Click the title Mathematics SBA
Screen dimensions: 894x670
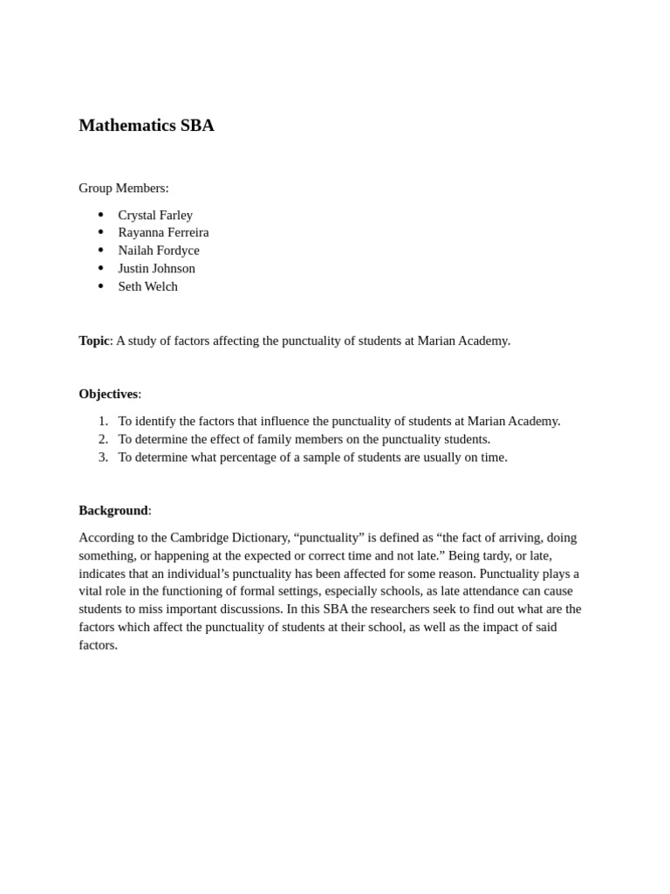pyautogui.click(x=146, y=125)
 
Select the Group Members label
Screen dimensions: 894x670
pyautogui.click(x=123, y=188)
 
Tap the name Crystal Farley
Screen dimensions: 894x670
pyautogui.click(x=155, y=215)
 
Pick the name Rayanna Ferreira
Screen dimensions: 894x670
pyautogui.click(x=163, y=232)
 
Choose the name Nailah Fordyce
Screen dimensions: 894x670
pyautogui.click(x=159, y=251)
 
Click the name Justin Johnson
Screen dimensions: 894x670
pyautogui.click(x=156, y=268)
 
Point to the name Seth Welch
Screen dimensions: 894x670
pyautogui.click(x=147, y=286)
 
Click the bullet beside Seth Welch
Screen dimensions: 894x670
pyautogui.click(x=101, y=286)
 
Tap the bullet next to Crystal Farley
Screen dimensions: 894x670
pyautogui.click(x=101, y=215)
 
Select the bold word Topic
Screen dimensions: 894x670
pyautogui.click(x=93, y=340)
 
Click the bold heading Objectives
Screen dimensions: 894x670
pyautogui.click(x=108, y=394)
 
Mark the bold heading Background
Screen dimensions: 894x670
pyautogui.click(x=113, y=510)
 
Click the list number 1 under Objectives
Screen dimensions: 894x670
pyautogui.click(x=103, y=421)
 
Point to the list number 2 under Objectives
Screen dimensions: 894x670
pyautogui.click(x=103, y=439)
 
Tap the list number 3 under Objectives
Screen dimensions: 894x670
pyautogui.click(x=103, y=457)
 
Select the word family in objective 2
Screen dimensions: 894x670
pyautogui.click(x=267, y=439)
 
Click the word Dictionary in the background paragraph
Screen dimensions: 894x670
pyautogui.click(x=260, y=538)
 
